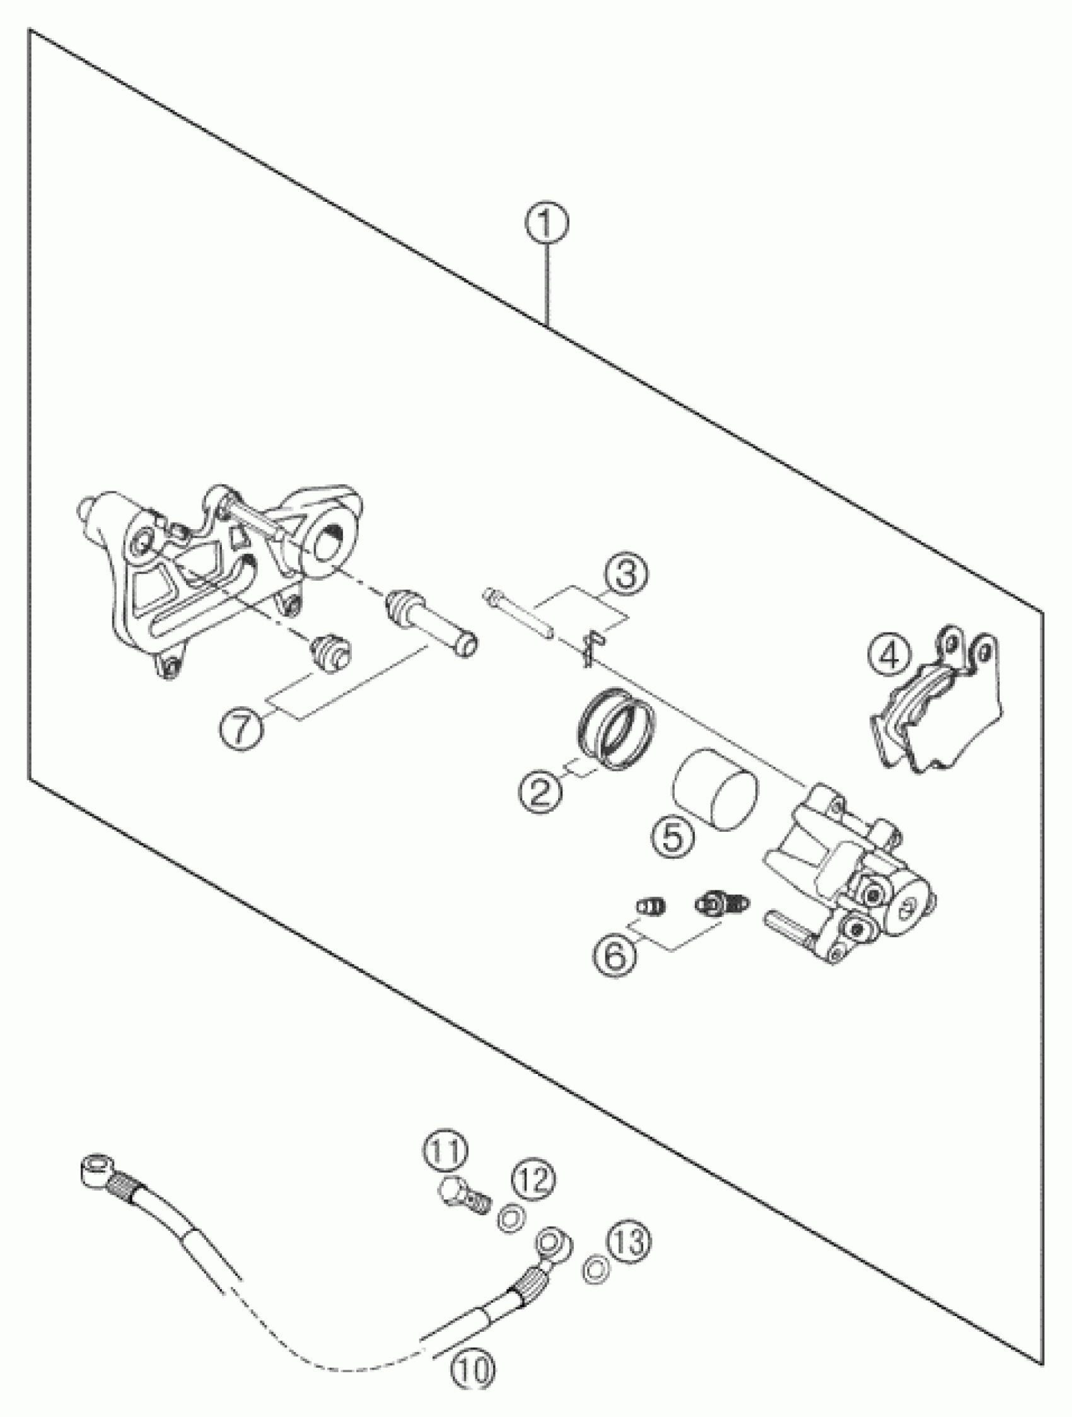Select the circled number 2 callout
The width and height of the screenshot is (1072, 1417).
tap(539, 793)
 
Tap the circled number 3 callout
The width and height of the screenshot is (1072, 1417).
tap(625, 574)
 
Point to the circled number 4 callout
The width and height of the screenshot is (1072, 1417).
tap(890, 656)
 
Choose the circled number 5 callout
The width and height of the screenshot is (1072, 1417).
tap(673, 838)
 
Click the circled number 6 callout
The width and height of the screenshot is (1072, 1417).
tap(614, 957)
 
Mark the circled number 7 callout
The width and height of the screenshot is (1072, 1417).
tap(241, 730)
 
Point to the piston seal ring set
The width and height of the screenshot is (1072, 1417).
tap(615, 730)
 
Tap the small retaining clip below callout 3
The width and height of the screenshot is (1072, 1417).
tap(591, 646)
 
